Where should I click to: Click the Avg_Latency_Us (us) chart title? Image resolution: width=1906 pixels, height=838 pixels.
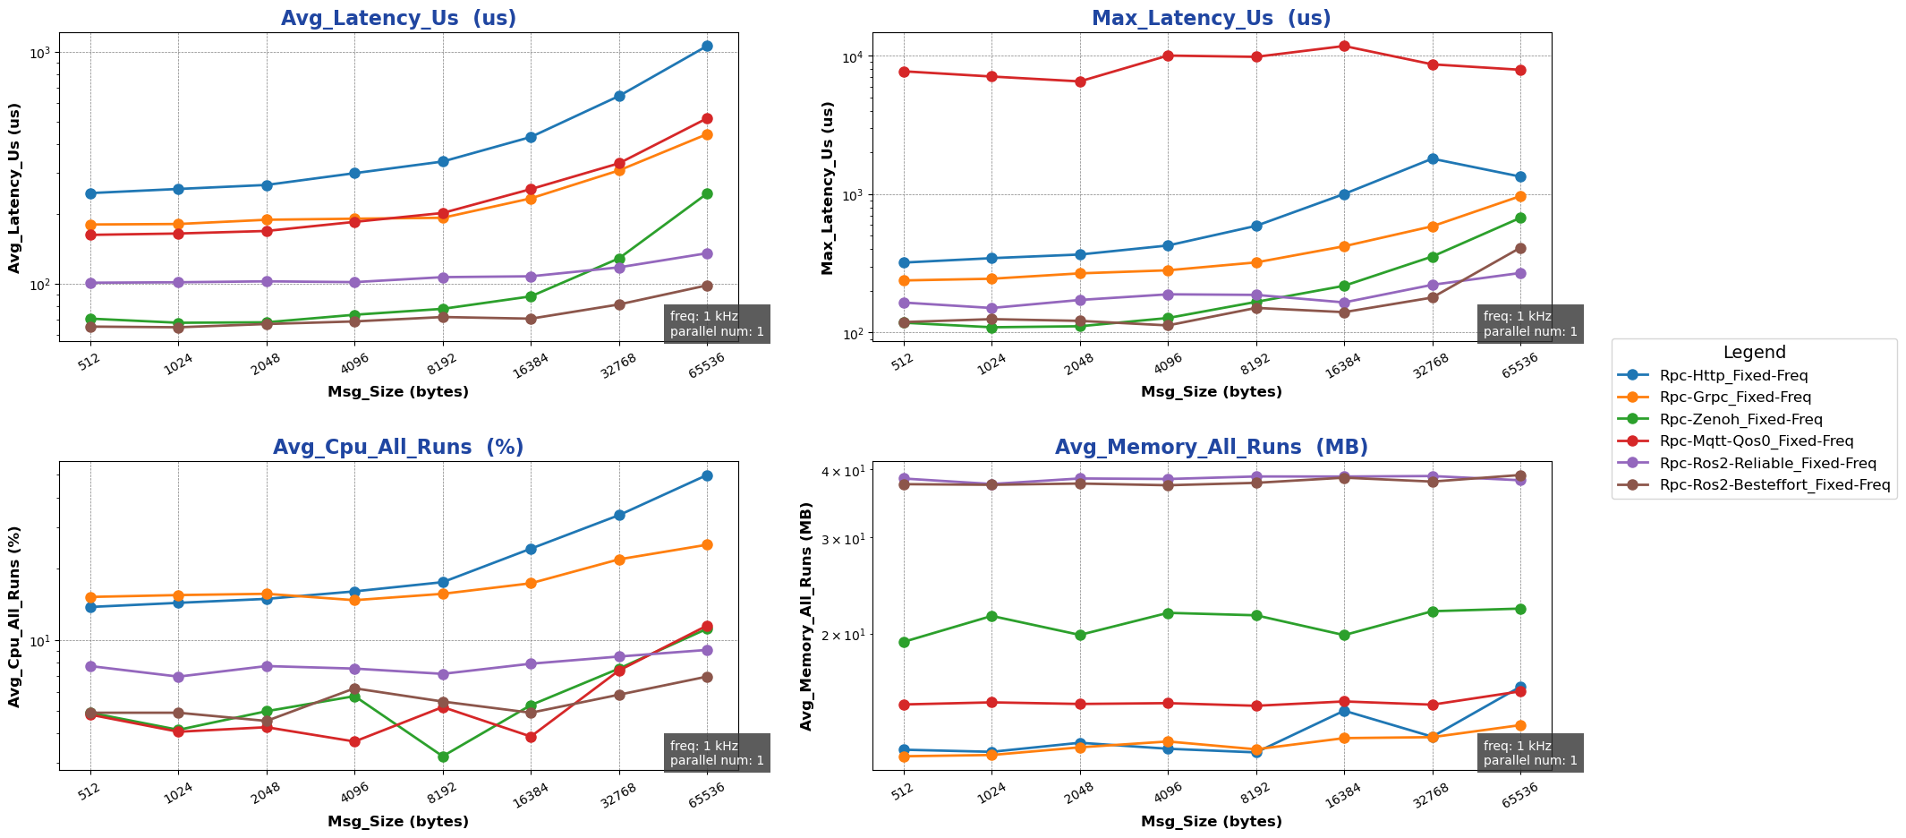398,19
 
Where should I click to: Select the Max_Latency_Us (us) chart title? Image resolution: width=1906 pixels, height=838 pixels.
1211,19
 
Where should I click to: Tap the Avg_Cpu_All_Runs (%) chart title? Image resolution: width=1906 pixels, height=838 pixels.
398,448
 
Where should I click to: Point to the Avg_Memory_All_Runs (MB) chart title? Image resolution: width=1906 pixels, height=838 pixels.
1211,448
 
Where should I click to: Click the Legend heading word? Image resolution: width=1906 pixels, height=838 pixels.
1754,353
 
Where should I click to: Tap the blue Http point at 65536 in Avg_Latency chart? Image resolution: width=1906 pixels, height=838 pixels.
707,46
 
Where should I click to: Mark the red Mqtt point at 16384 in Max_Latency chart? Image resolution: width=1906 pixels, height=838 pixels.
1344,46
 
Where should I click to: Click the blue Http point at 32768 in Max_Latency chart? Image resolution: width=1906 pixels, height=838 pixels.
1433,158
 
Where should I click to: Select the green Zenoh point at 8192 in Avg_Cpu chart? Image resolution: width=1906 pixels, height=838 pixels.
442,757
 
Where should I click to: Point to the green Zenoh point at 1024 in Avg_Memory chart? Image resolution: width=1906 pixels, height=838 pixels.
991,616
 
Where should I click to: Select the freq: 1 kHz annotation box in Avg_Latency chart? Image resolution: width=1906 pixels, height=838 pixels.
717,324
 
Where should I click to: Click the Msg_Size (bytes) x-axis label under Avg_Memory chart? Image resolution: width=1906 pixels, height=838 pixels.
1211,821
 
